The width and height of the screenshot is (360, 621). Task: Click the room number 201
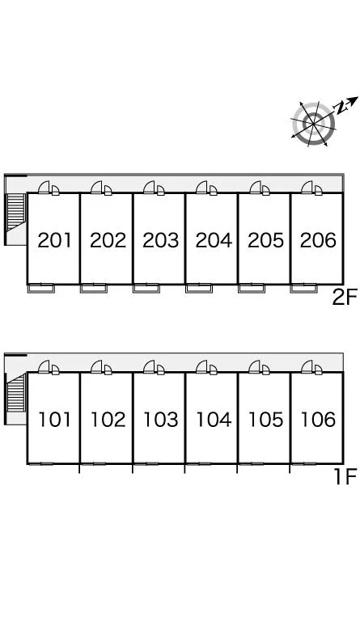[55, 240]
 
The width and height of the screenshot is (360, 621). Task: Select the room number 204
[214, 240]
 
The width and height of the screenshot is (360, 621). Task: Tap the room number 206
[319, 240]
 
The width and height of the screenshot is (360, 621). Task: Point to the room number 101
[55, 420]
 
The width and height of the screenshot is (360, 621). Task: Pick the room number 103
[160, 420]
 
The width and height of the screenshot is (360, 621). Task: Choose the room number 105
[265, 420]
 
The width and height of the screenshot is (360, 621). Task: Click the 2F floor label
[345, 297]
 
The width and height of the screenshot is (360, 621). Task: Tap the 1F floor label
[345, 476]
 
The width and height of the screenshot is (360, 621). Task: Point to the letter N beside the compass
[341, 108]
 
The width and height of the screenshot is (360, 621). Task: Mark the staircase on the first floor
[16, 392]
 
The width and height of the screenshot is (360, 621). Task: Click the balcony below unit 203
[146, 289]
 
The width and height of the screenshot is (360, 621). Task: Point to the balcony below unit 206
[303, 289]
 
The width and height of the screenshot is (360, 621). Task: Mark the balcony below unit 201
[40, 289]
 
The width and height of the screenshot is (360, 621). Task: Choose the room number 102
[108, 420]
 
